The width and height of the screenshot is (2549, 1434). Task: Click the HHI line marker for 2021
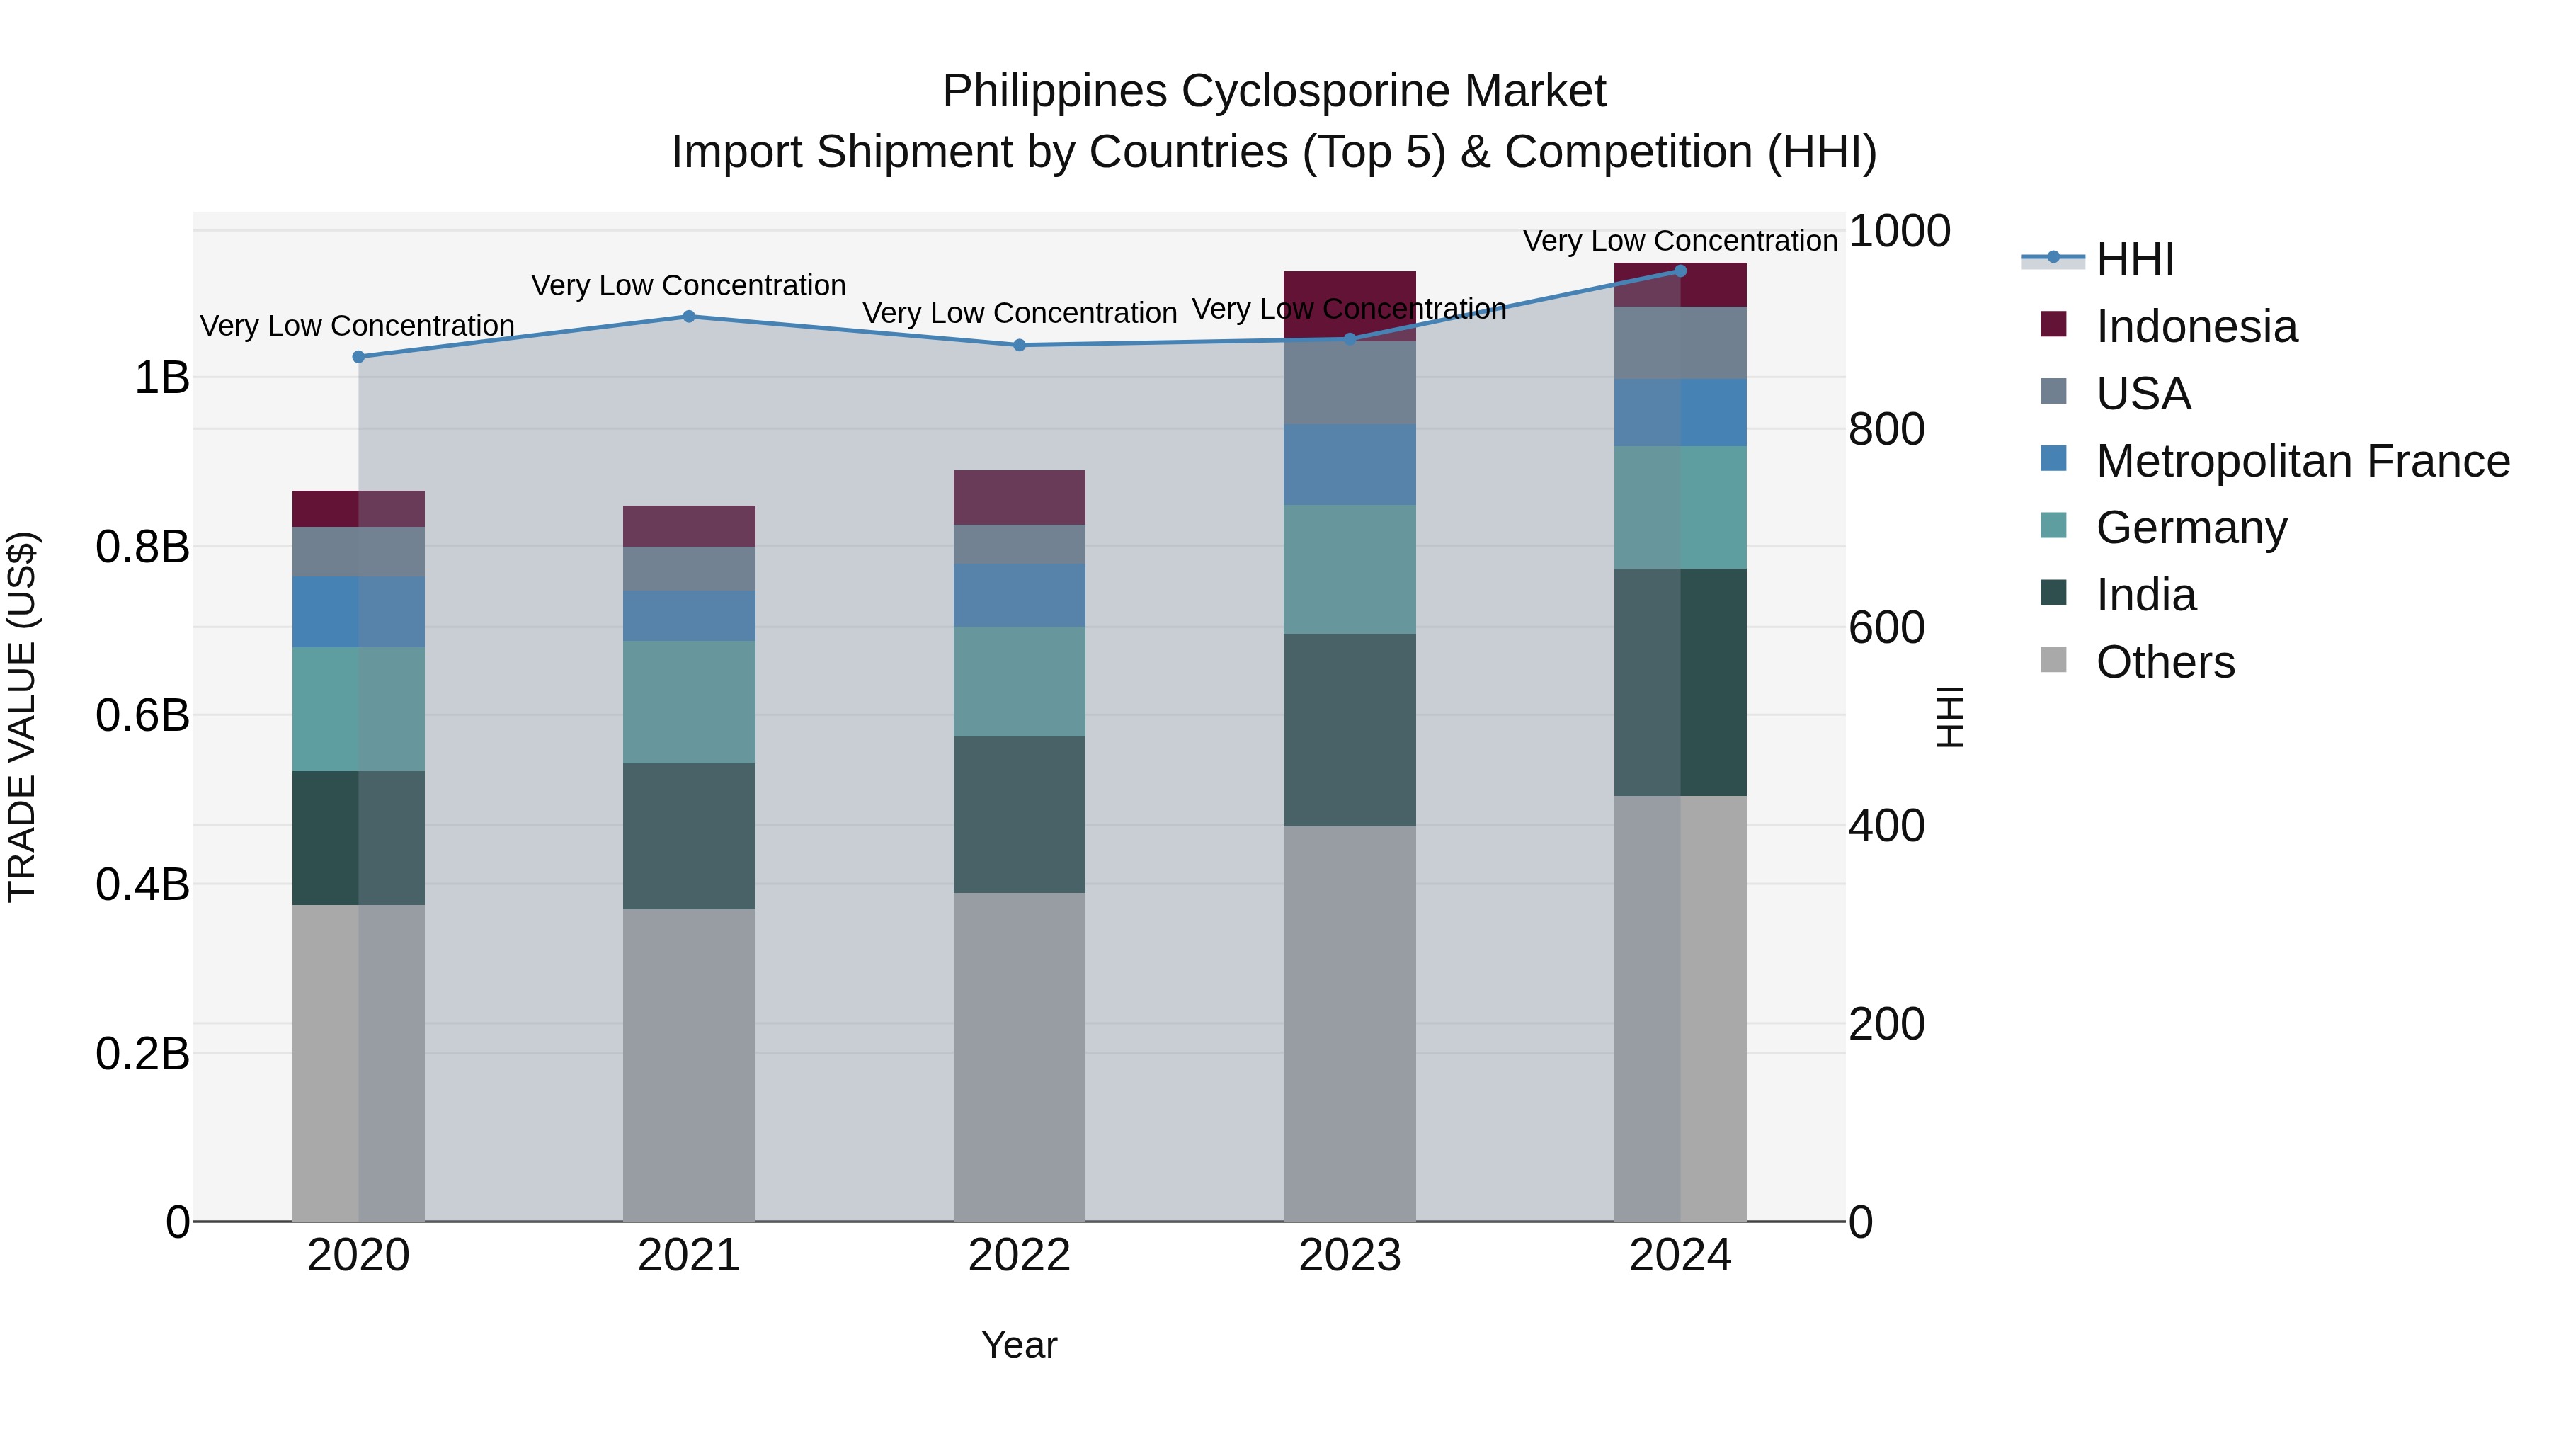pos(689,317)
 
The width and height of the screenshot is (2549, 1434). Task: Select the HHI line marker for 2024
pos(1680,271)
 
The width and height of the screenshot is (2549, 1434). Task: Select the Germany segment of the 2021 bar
pos(689,702)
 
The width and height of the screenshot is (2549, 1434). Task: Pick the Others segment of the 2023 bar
pos(1349,1024)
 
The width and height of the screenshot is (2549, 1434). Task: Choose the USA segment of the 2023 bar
pos(1349,383)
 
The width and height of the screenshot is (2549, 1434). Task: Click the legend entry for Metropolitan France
pos(2302,461)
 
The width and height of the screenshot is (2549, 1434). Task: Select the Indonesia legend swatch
pos(2053,324)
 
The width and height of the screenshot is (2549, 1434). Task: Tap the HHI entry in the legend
pos(2134,259)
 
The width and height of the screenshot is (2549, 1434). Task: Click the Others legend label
pos(2165,662)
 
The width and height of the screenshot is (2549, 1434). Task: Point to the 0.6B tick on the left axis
pos(142,715)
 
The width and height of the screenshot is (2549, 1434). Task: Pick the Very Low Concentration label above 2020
pos(358,326)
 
